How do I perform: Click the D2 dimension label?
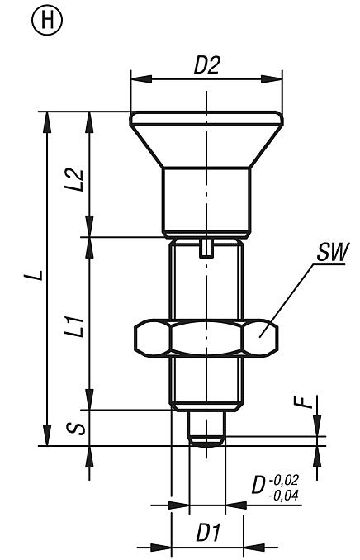point(207,66)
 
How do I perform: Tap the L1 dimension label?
point(73,323)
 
